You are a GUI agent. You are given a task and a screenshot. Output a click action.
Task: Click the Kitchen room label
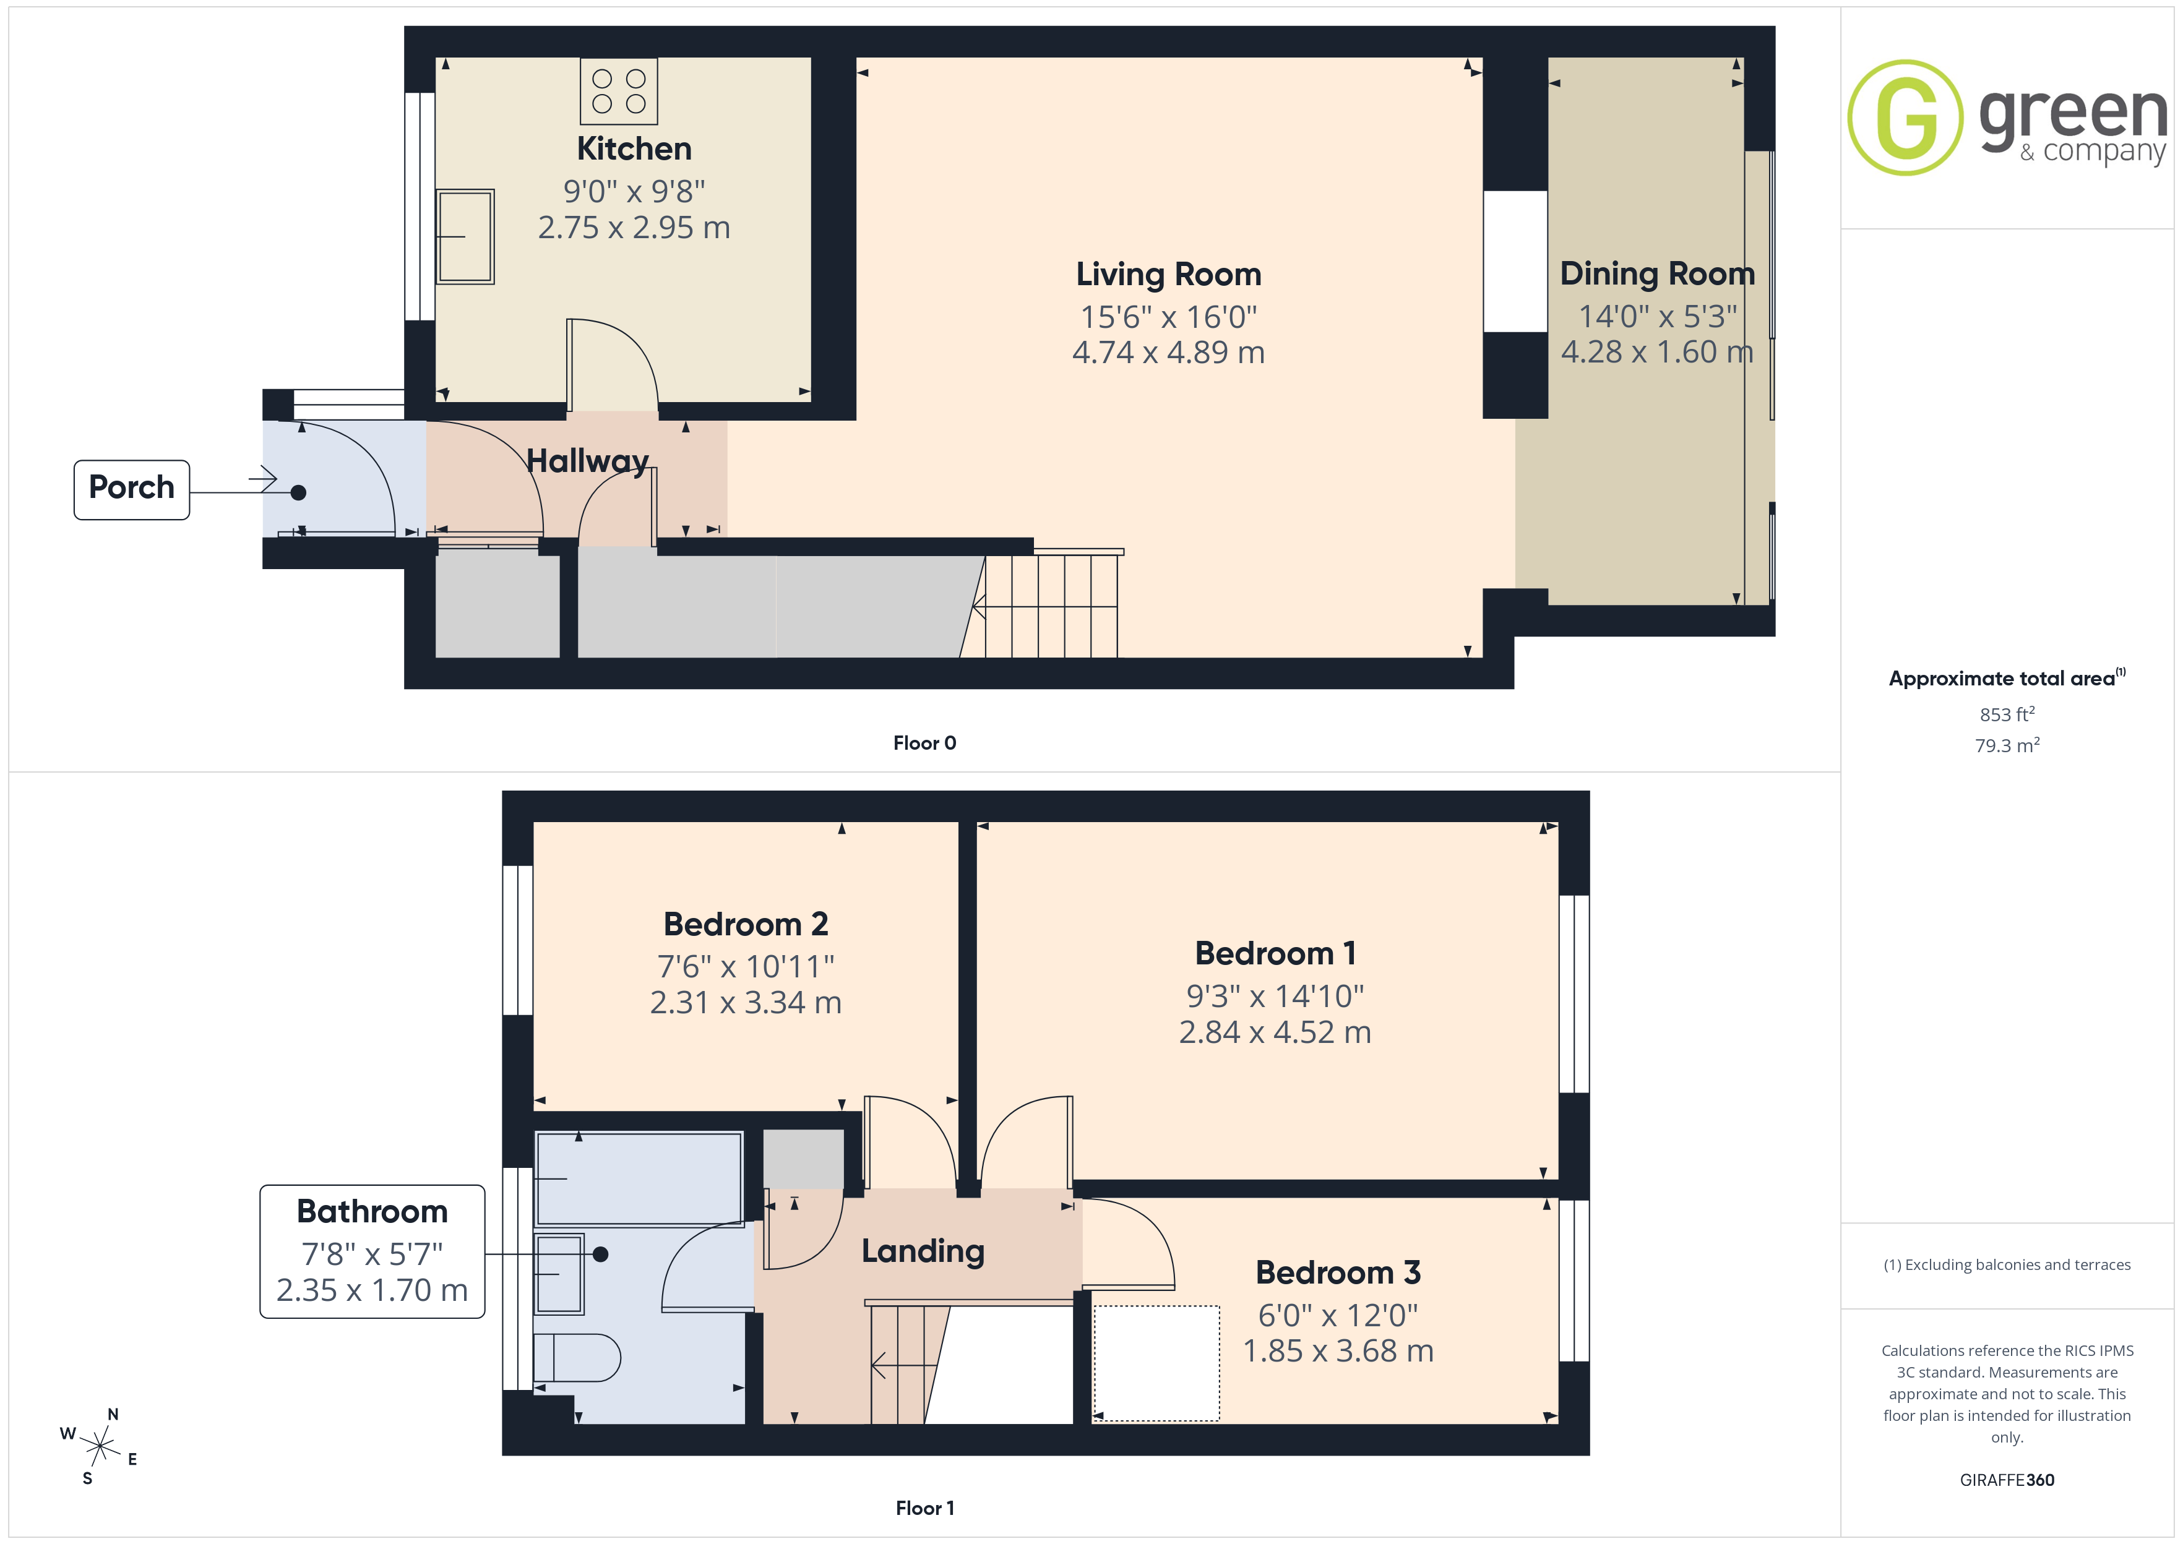click(x=634, y=148)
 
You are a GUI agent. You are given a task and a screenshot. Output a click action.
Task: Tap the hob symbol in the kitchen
click(x=619, y=92)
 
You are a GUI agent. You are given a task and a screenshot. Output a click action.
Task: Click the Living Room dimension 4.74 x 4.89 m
click(x=1168, y=353)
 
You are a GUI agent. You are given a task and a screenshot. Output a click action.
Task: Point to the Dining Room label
click(x=1657, y=274)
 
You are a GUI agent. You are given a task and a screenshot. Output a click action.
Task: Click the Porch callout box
click(x=132, y=490)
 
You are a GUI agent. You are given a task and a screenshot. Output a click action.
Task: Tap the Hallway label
click(x=588, y=461)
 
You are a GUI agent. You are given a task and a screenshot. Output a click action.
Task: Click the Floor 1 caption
click(x=924, y=1508)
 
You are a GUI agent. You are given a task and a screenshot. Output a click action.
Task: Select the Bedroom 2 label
click(x=746, y=924)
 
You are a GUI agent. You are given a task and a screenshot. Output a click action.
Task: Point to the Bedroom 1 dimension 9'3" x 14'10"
click(x=1275, y=997)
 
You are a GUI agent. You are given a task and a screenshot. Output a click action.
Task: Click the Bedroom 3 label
click(x=1338, y=1272)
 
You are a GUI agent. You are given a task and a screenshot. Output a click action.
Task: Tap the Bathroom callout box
click(x=372, y=1251)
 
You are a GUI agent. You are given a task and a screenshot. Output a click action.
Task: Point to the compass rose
click(x=99, y=1447)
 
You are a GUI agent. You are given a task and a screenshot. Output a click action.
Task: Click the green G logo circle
click(x=1905, y=118)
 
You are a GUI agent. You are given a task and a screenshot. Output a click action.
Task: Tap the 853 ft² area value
click(x=2007, y=714)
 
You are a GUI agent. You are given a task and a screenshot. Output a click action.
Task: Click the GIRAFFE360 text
click(x=2007, y=1480)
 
